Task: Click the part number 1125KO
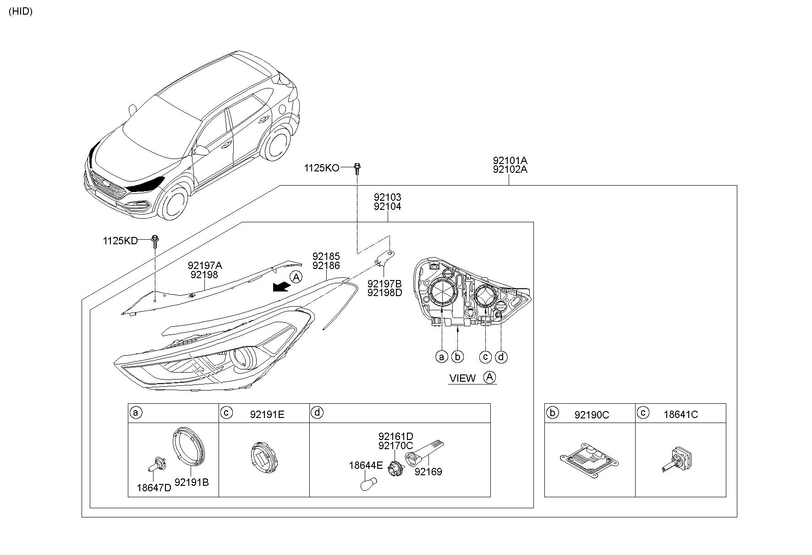coord(321,168)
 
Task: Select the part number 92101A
coord(510,160)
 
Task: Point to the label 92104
coord(387,207)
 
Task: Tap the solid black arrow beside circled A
coord(280,287)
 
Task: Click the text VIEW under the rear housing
coord(462,379)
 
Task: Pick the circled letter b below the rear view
coord(457,357)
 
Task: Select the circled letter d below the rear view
coord(501,357)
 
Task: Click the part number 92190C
coord(592,415)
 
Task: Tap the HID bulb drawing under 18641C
coord(676,460)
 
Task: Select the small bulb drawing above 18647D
coord(156,464)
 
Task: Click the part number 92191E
coord(267,415)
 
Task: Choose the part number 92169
coord(428,472)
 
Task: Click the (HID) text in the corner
coord(21,12)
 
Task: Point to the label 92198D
coord(384,292)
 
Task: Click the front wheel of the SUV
coord(173,204)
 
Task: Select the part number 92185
coord(326,256)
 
